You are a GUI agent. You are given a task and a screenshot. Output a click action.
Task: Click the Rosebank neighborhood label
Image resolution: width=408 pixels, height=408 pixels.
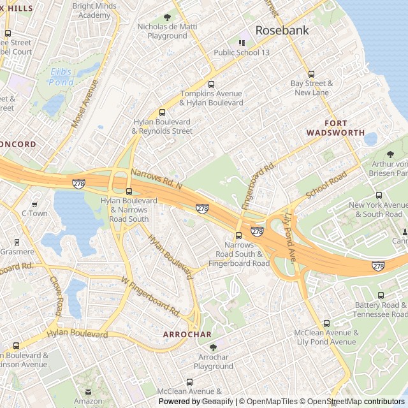tap(282, 30)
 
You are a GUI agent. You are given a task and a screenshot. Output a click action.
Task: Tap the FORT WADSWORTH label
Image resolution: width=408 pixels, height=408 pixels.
tap(335, 127)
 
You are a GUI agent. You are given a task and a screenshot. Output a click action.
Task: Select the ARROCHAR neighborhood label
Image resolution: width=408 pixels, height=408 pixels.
tap(187, 334)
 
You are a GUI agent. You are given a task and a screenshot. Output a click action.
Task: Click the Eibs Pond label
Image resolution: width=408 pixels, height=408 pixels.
tap(61, 76)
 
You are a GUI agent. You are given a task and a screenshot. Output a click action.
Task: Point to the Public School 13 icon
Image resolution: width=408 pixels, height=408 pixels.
tap(242, 43)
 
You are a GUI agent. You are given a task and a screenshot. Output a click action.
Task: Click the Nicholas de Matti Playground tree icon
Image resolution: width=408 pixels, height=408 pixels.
tap(167, 17)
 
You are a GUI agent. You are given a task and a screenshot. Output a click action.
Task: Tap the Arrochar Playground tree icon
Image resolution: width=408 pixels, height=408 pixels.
tap(213, 347)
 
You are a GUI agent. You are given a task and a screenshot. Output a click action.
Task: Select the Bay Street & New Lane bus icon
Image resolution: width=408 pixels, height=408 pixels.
tap(312, 74)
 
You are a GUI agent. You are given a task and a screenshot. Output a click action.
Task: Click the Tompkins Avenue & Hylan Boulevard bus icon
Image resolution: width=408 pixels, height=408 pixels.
tap(211, 84)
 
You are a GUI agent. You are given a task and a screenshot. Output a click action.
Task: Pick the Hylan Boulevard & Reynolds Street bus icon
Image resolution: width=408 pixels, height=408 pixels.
tap(162, 112)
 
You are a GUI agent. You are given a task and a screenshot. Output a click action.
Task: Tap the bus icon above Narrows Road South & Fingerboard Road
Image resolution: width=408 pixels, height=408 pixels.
tap(238, 235)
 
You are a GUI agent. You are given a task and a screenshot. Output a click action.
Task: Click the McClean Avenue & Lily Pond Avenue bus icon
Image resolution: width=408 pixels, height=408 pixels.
tap(326, 323)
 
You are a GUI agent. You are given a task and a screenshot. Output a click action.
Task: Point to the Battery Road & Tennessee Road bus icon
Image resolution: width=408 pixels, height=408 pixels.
tap(381, 295)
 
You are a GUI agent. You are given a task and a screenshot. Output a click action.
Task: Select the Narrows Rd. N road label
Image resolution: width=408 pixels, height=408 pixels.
tap(157, 178)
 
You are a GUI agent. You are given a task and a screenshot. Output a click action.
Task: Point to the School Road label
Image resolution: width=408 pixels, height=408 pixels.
tap(326, 184)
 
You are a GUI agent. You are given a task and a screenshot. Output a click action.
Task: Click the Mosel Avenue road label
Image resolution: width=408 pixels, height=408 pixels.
tap(85, 104)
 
